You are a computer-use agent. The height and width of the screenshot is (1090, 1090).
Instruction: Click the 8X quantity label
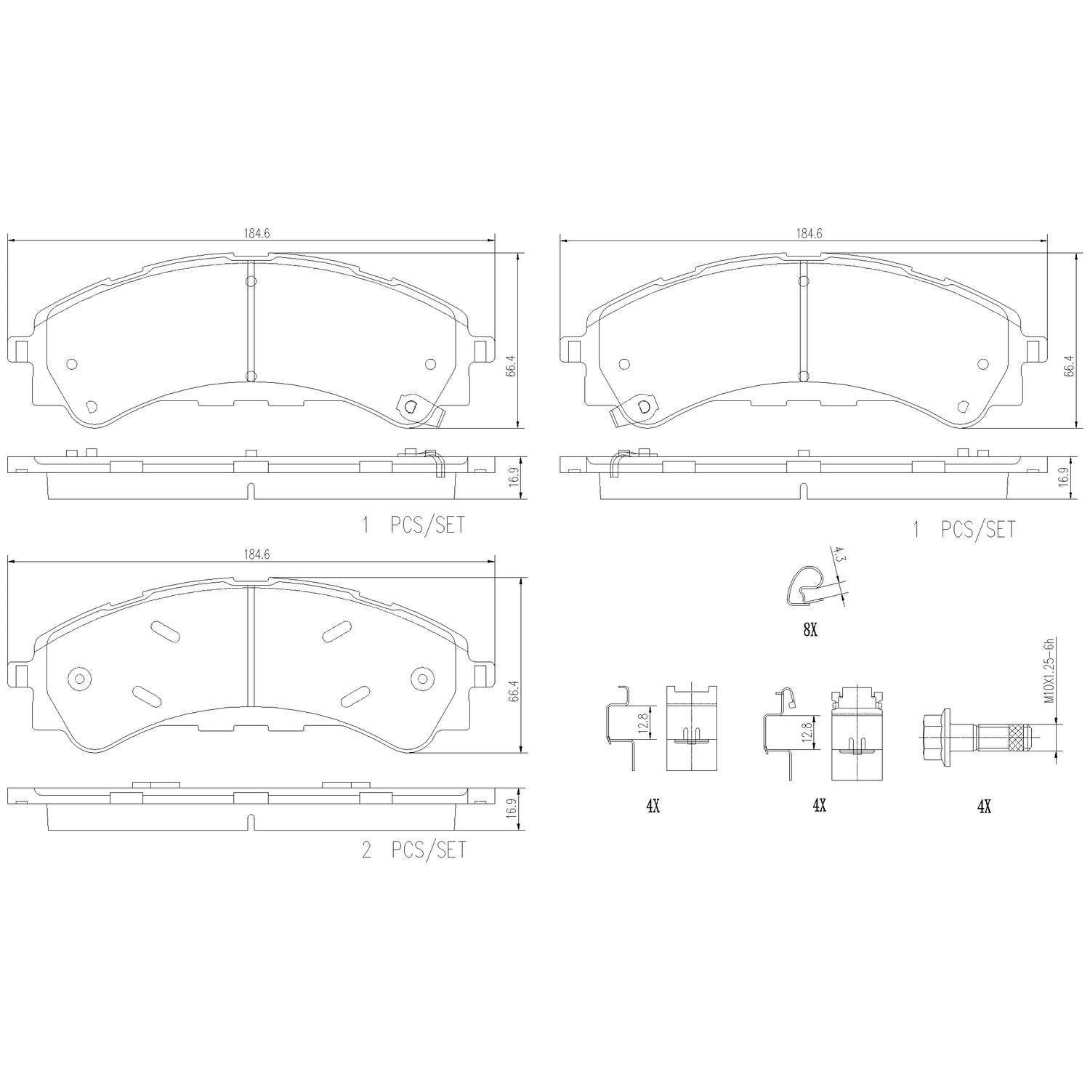pyautogui.click(x=810, y=631)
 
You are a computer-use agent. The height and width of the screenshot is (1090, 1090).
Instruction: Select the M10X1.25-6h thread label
pyautogui.click(x=1049, y=671)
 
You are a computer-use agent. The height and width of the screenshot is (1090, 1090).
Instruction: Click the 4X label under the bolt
pyautogui.click(x=984, y=805)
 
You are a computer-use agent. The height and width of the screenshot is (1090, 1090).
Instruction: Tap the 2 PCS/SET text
pyautogui.click(x=413, y=849)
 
